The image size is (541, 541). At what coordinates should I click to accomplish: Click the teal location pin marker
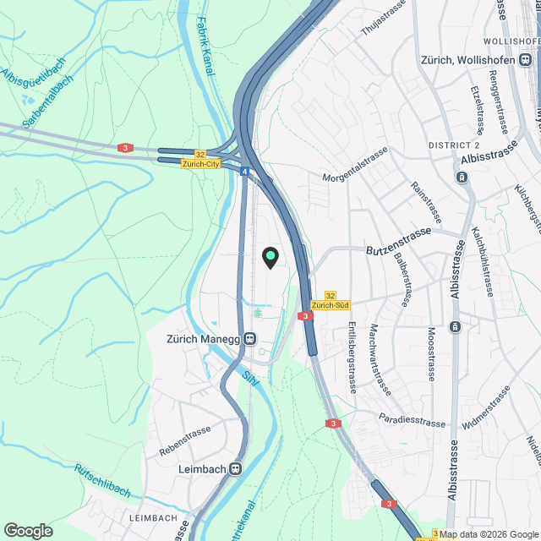click(x=270, y=257)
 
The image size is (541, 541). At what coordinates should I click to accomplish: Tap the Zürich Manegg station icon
click(x=250, y=339)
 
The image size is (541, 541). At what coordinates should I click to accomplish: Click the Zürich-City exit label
click(x=200, y=164)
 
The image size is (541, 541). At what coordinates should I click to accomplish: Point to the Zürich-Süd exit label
click(x=330, y=305)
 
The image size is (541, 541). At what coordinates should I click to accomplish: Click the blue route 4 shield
click(x=243, y=172)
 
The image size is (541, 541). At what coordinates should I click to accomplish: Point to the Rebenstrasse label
click(x=184, y=441)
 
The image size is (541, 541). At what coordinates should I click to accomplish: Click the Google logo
click(x=28, y=530)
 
